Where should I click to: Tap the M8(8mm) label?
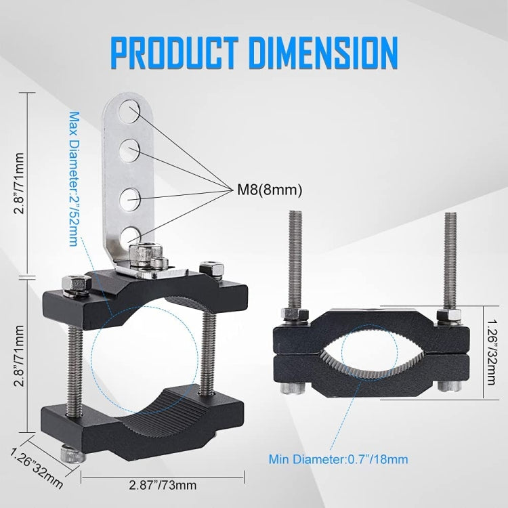coord(270,190)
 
